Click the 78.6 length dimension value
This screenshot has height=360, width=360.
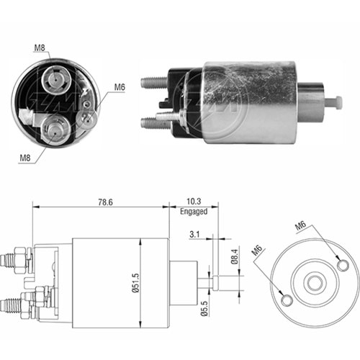click(105, 202)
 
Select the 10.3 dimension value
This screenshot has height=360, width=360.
click(194, 202)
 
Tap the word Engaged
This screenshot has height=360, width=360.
click(194, 212)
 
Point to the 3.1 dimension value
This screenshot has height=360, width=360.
click(194, 234)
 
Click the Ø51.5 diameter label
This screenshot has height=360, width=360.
click(135, 283)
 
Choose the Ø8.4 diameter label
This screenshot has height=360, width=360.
click(235, 256)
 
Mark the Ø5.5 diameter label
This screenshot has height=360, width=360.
click(204, 309)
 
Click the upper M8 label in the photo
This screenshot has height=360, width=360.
click(40, 48)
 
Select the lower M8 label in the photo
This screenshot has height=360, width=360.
click(25, 158)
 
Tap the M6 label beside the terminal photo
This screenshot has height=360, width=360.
click(120, 87)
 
